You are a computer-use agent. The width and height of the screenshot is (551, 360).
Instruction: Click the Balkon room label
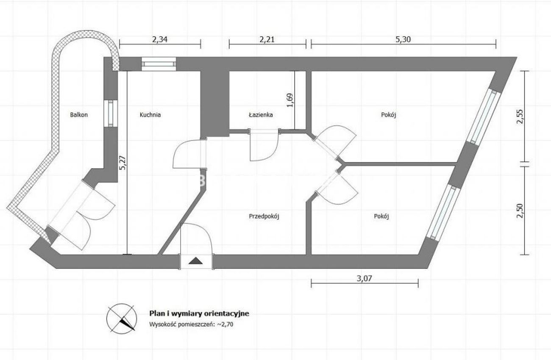[79, 115]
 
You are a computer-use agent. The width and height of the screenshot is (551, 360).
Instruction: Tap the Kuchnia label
[150, 115]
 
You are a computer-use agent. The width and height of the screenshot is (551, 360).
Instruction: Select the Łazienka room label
[261, 115]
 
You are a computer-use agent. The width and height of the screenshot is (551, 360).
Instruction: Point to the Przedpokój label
[264, 216]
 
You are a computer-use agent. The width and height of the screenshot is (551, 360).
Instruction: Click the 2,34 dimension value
[160, 39]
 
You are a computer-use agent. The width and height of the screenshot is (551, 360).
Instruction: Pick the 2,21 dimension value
[267, 39]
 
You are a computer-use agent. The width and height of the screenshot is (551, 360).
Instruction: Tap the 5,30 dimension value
[403, 39]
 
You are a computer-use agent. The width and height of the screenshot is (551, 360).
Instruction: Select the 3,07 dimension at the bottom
[365, 278]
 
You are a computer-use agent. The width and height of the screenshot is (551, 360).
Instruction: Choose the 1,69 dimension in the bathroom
[290, 100]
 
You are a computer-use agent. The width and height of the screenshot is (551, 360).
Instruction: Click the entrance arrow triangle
[195, 261]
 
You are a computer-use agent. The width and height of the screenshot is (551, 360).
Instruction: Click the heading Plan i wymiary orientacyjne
[199, 313]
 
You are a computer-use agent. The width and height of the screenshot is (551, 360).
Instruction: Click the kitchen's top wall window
[159, 64]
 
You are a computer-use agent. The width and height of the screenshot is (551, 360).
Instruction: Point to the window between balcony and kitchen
[111, 113]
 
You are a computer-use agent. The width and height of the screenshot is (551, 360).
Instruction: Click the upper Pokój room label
[388, 115]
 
